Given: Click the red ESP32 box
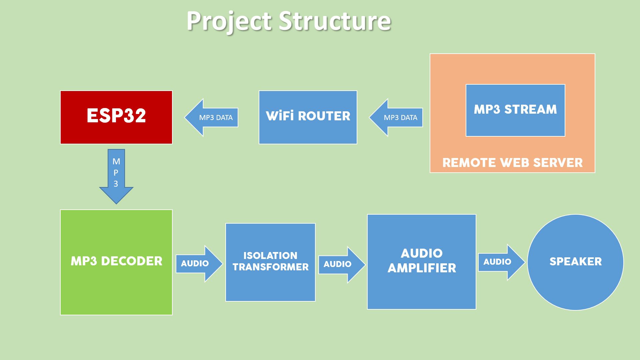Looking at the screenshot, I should click(x=116, y=117).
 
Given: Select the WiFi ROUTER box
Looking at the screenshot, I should click(x=308, y=117).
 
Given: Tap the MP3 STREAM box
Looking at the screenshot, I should click(x=515, y=110).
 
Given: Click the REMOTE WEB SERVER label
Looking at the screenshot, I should click(x=512, y=163).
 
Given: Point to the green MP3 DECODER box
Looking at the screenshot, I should click(x=116, y=262).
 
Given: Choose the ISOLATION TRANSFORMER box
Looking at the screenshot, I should click(x=270, y=262).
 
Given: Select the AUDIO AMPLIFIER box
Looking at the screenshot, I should click(x=421, y=262).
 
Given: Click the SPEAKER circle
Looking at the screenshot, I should click(x=575, y=262).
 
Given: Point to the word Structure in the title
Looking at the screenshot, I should click(x=334, y=21).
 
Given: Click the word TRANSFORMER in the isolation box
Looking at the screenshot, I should click(x=270, y=267).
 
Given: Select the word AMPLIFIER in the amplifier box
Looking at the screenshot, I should click(x=421, y=268).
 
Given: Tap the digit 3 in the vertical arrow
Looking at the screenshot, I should click(x=116, y=184).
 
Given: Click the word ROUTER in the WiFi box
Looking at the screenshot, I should click(x=324, y=116).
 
